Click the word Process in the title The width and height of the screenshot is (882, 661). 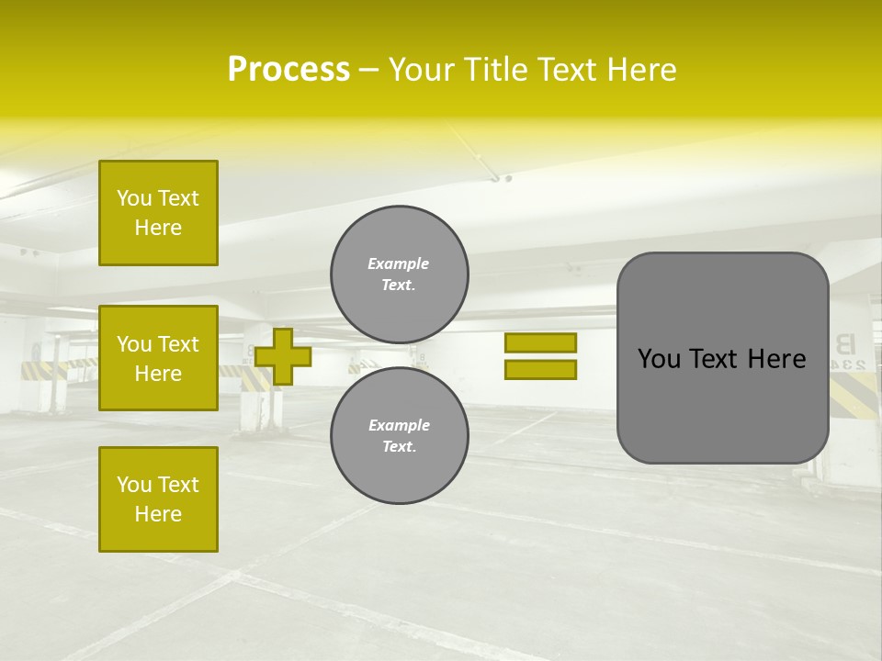(288, 70)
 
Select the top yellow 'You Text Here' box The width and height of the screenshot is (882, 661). (158, 213)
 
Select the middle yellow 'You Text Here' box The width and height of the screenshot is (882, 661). (158, 358)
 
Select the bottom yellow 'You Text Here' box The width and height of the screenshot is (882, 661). (158, 499)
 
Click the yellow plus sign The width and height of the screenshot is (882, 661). (283, 356)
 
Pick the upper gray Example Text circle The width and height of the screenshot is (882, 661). (400, 274)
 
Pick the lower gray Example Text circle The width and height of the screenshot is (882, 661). (400, 435)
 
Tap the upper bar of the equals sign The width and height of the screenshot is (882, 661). (540, 342)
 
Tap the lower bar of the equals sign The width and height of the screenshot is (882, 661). (540, 369)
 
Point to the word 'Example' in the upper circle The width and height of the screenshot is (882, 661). (398, 263)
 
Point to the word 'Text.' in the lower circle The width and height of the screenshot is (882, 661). (399, 446)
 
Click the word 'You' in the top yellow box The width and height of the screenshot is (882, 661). (134, 198)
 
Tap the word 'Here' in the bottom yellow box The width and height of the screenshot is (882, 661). (158, 514)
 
